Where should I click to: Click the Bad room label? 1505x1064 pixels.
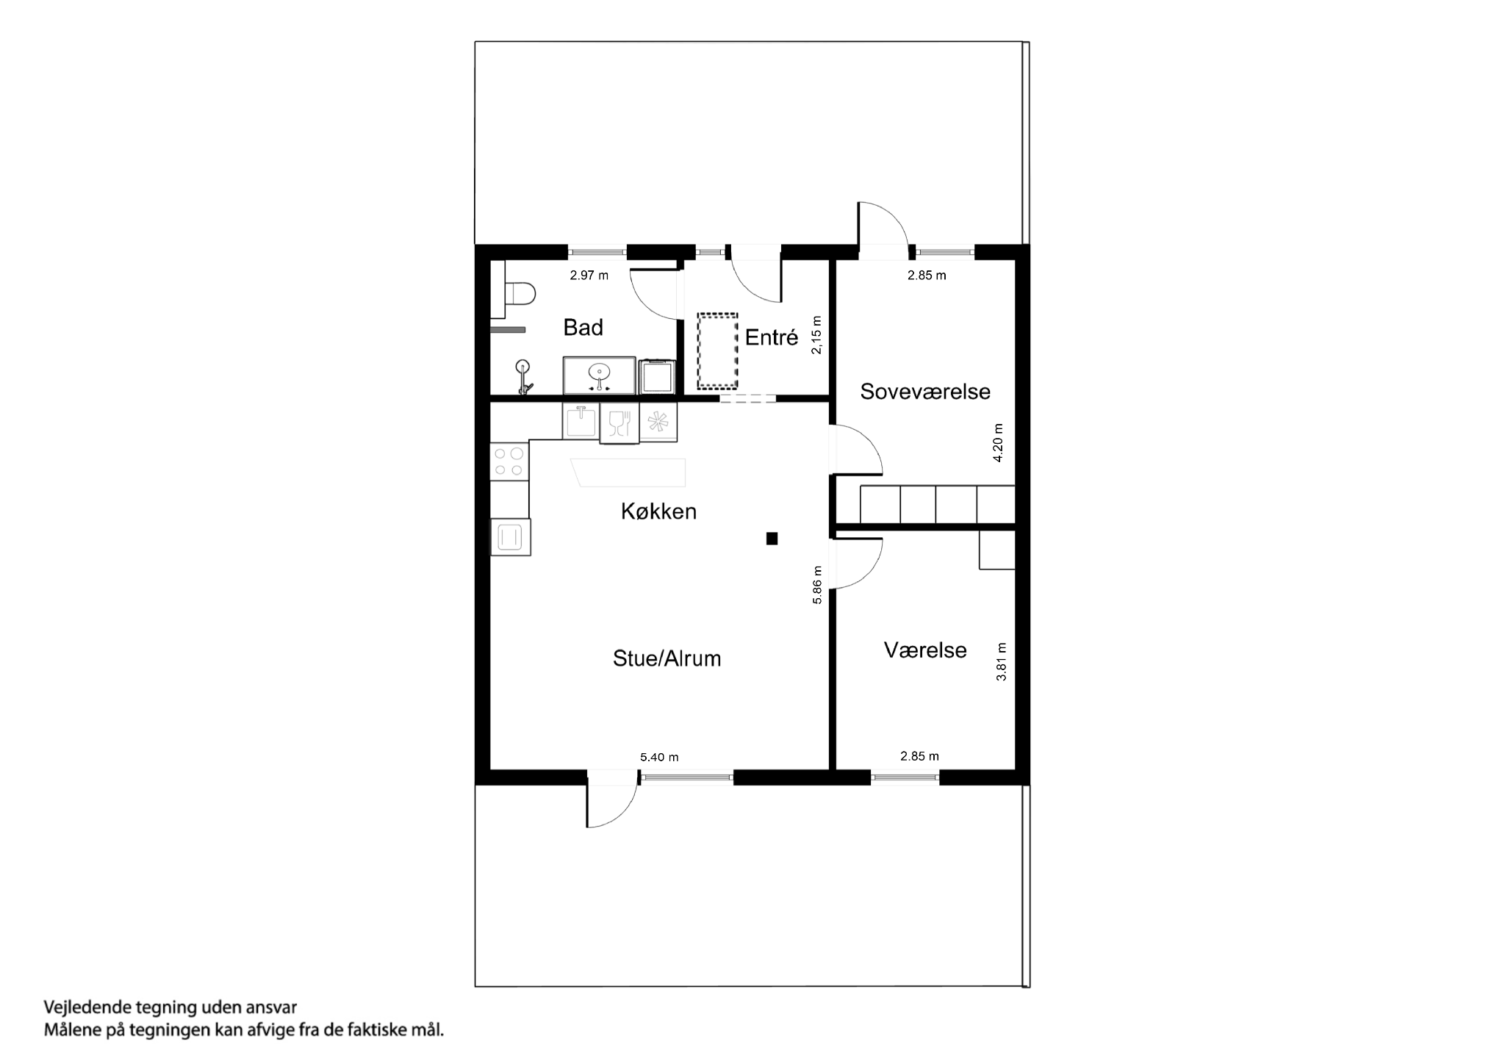583,328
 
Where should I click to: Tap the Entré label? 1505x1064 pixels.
771,338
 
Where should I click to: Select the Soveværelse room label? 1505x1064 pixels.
924,392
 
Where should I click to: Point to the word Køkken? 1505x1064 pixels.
658,511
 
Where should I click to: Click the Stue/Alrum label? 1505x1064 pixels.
667,659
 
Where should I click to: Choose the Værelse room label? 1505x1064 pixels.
924,650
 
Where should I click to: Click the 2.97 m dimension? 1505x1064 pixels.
589,276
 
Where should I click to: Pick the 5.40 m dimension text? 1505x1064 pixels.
659,758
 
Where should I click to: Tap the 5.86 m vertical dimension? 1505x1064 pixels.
817,585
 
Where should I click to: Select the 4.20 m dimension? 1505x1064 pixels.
998,443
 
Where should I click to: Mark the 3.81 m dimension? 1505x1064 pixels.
1001,662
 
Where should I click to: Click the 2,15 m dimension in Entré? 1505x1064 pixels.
817,336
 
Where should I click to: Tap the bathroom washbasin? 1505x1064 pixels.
599,375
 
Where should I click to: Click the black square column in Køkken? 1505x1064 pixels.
772,539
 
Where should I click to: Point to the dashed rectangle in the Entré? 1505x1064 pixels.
717,351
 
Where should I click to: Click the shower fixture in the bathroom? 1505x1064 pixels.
523,375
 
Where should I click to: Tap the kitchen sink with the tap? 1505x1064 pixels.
581,422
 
